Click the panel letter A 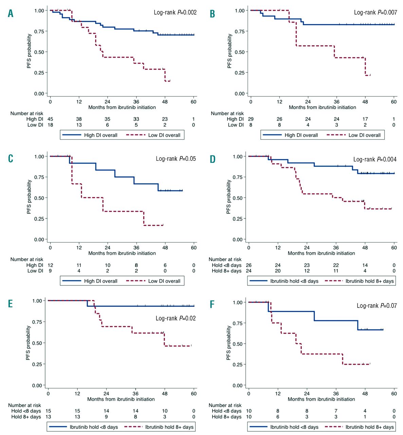pos(11,13)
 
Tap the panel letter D pos(213,159)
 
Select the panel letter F pos(212,304)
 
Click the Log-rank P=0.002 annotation pos(175,12)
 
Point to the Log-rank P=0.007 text pos(375,12)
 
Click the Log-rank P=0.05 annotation pos(176,159)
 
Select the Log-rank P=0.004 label pos(375,159)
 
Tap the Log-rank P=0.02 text pos(176,318)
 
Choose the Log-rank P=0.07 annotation pos(377,306)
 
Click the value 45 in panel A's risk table pos(50,119)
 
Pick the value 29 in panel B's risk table pos(251,119)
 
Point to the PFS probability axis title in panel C pos(29,197)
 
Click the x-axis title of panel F pos(321,399)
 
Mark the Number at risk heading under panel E pos(24,405)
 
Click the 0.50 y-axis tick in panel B pos(240,52)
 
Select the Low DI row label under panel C pos(35,271)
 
